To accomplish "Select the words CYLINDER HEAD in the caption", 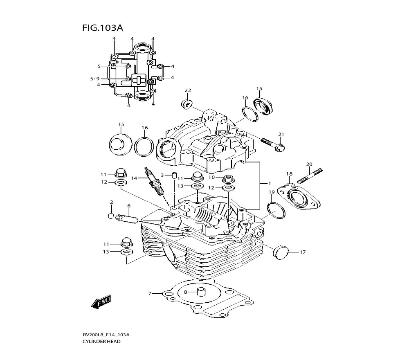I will coord(101,342).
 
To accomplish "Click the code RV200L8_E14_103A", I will coord(106,335).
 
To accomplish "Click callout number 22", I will coord(188,90).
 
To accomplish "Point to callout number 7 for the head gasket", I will coord(150,293).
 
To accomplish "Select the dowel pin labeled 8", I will coord(200,292).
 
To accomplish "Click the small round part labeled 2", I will coord(111,216).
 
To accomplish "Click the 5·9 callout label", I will coord(95,79).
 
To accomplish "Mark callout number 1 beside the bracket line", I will coord(270,183).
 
